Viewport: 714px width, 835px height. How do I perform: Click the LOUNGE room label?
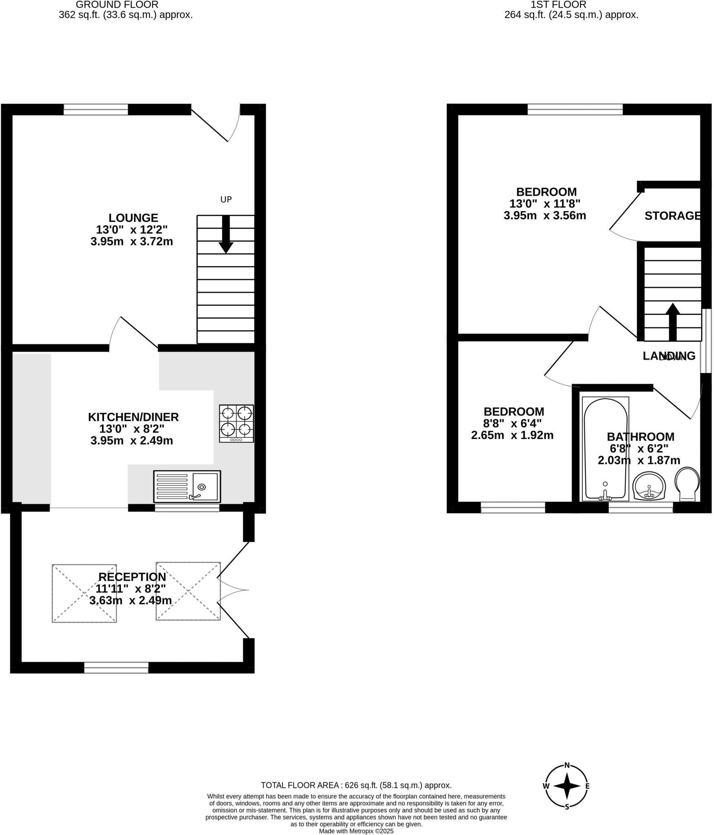click(133, 218)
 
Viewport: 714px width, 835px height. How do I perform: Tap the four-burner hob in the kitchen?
click(236, 423)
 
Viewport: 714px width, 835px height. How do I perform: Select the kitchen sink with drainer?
click(187, 486)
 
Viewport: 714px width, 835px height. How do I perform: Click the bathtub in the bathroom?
click(605, 448)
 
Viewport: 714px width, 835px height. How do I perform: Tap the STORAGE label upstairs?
click(672, 216)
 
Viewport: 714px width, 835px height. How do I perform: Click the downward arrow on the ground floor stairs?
click(226, 234)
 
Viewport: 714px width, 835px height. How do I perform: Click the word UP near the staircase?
click(226, 199)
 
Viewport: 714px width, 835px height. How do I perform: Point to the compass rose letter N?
click(567, 765)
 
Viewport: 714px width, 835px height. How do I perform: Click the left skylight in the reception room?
click(84, 593)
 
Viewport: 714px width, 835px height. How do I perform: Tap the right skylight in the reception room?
click(188, 592)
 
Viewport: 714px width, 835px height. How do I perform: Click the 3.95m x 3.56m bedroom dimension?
click(545, 215)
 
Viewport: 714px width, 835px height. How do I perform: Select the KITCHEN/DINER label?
click(133, 417)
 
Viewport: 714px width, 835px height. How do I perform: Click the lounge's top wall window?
click(96, 109)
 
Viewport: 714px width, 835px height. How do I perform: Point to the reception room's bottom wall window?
click(116, 668)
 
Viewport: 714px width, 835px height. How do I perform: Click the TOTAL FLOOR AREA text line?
click(356, 785)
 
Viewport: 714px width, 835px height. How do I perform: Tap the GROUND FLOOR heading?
click(117, 5)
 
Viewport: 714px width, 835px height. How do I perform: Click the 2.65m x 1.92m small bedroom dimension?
click(512, 435)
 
